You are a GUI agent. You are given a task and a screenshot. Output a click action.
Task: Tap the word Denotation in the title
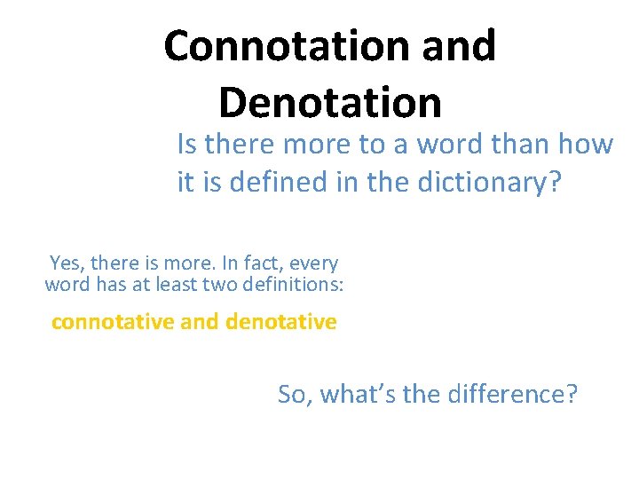point(329,102)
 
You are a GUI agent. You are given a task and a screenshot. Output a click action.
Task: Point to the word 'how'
point(588,144)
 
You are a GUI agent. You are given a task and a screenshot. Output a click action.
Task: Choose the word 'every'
point(314,263)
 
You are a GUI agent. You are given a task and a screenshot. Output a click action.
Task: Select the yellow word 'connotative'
point(113,322)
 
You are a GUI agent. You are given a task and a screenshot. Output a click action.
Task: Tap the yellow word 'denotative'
point(281,322)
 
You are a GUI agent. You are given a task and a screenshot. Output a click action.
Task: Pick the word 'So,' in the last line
point(295,394)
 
